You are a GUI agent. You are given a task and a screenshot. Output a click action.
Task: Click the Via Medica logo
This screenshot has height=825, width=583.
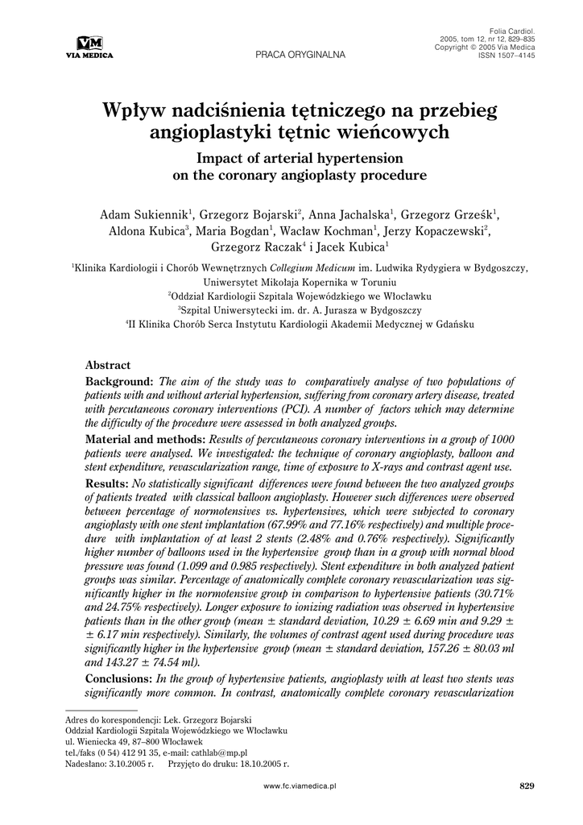pos(89,47)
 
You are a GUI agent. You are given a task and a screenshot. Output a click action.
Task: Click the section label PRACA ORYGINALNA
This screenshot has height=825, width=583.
pos(300,55)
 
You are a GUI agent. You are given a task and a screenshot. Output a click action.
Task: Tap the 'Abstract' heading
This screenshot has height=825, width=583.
pos(108,365)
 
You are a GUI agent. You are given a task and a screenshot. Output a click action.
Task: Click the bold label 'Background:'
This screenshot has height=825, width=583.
pos(120,381)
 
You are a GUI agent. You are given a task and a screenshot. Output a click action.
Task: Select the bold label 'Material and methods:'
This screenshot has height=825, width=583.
pos(145,440)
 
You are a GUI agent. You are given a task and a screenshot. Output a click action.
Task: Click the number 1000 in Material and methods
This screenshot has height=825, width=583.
pos(501,440)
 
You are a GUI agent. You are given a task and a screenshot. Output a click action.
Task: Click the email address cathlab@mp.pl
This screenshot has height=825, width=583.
pos(235,752)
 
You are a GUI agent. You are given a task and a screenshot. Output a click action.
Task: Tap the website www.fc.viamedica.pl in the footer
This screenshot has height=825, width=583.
pos(300,786)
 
